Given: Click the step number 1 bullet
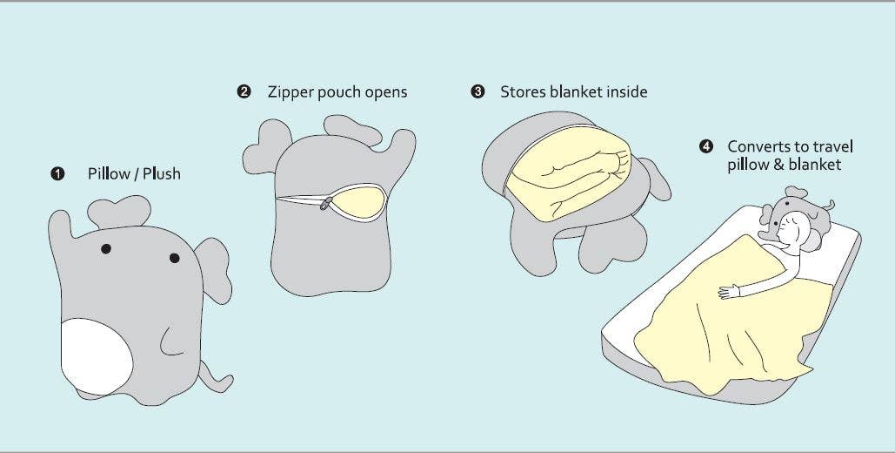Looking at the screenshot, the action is point(57,173).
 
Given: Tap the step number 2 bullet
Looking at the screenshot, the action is point(244,91).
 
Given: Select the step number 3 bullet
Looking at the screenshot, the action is point(478,91).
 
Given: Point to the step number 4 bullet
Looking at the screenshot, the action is point(706,146).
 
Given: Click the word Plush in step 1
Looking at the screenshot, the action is point(162,173).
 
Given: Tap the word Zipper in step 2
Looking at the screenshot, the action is point(291,92).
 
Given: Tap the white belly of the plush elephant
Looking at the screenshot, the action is point(97,355).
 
